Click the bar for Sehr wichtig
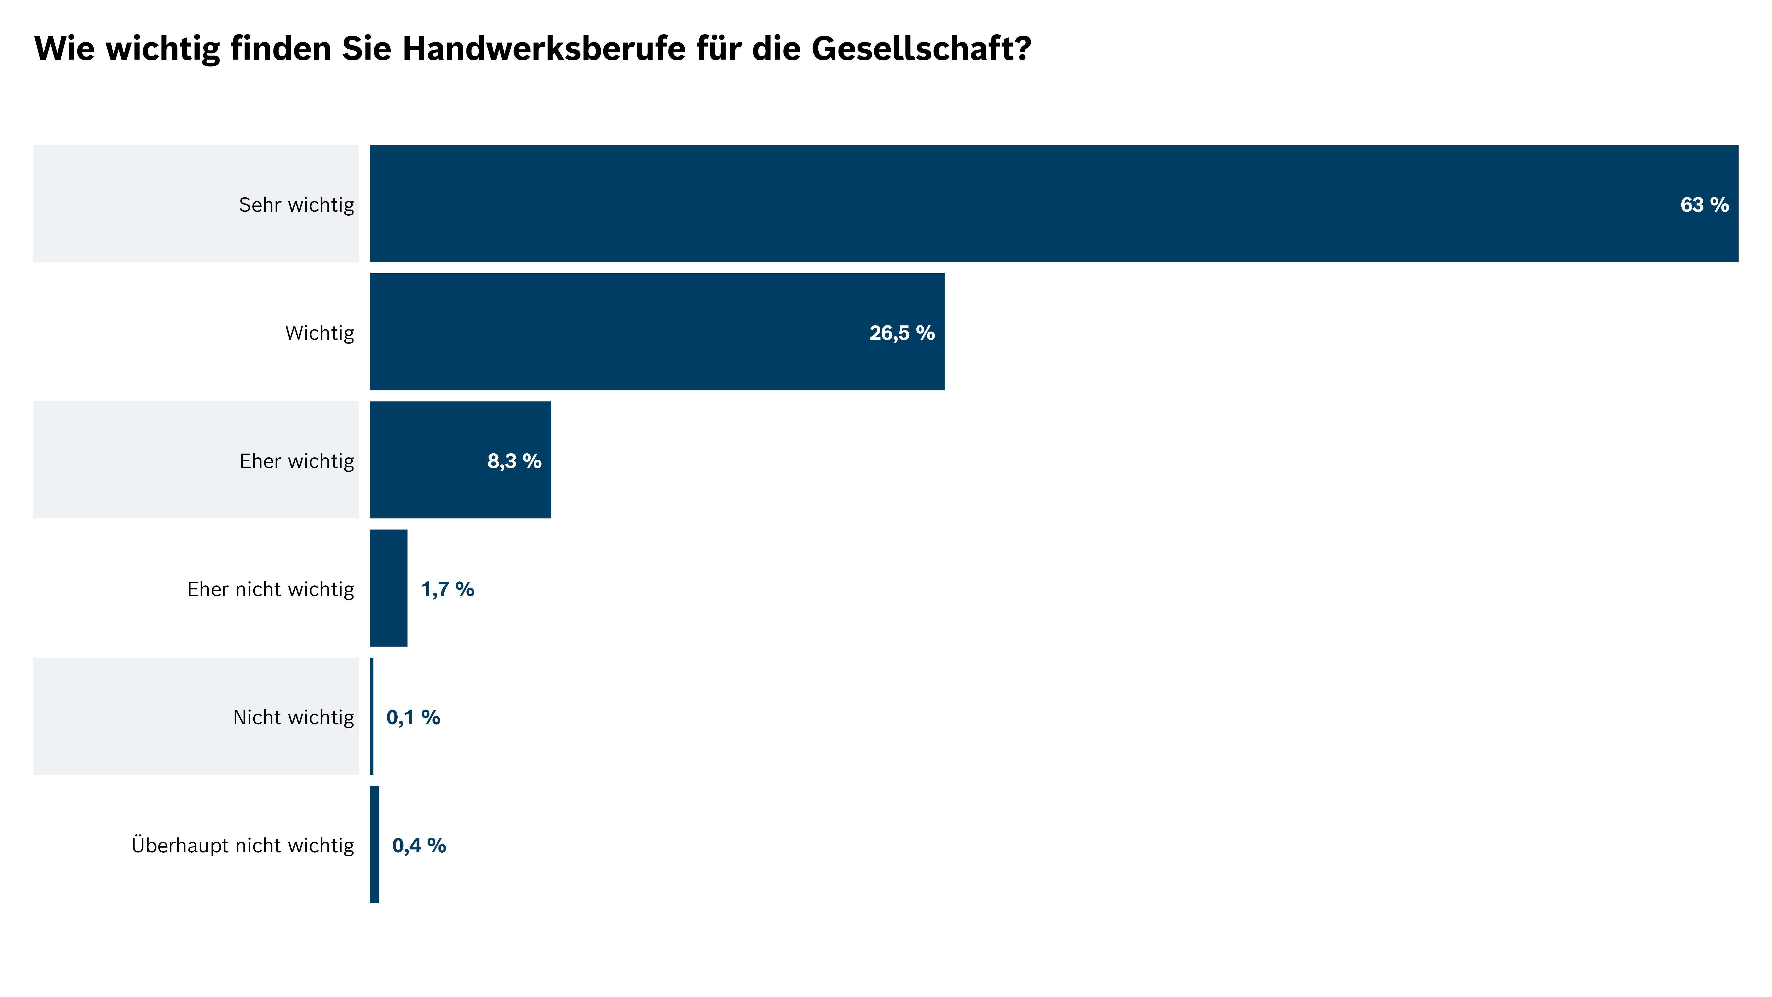(x=1032, y=204)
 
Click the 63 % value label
(x=1704, y=204)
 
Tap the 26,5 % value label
(x=902, y=333)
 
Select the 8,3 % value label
(x=514, y=461)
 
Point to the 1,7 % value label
(x=447, y=589)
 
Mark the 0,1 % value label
(x=413, y=717)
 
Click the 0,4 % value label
(x=419, y=845)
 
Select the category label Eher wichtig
(x=296, y=461)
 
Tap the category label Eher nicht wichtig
(x=270, y=589)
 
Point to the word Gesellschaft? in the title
(x=922, y=48)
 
